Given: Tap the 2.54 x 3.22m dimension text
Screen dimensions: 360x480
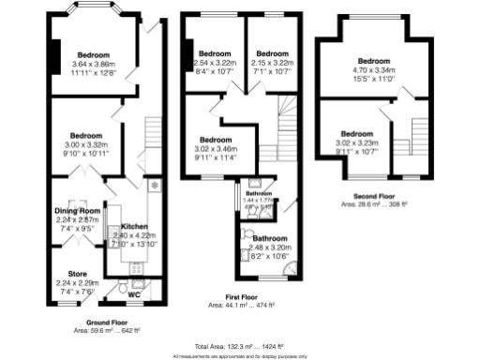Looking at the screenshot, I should pos(216,62).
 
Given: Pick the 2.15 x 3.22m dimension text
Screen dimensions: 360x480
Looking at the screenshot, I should pos(271,62).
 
